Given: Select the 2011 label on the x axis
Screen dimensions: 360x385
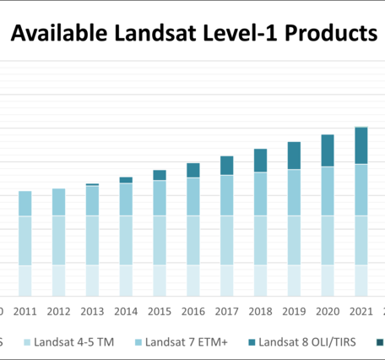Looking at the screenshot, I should pos(24,311).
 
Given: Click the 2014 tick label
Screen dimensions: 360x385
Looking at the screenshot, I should pos(126,311).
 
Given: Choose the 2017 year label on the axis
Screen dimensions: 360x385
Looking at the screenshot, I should pos(226,311).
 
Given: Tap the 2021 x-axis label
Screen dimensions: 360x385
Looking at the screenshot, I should pos(361,311).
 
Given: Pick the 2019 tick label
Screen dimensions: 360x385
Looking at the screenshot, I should pos(294,311).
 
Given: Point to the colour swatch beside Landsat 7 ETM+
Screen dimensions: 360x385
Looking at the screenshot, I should pos(138,342).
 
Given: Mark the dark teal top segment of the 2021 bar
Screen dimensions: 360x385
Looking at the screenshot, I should pos(361,145).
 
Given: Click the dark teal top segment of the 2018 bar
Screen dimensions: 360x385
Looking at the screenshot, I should pos(260,161).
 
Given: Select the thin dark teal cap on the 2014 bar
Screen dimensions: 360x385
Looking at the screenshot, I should pos(126,180).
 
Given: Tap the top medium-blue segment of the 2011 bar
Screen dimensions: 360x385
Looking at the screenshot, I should pos(24,204).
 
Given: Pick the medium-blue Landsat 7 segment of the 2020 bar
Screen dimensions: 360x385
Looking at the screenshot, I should pos(328,191).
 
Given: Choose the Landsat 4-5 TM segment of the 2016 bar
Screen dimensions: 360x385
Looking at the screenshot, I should pos(192,240).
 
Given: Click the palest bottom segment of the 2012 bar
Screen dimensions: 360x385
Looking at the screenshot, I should pos(58,280).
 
